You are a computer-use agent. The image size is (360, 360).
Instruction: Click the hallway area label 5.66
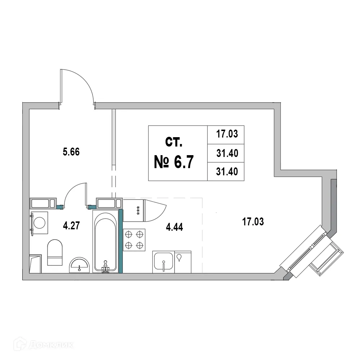click(x=71, y=152)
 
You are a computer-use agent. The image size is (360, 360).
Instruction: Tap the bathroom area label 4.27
click(x=71, y=226)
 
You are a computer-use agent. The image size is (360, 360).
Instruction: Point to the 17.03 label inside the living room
click(x=253, y=222)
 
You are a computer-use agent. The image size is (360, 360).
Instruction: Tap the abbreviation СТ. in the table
click(x=174, y=142)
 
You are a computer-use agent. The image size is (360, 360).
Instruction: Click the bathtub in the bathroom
click(x=105, y=241)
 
